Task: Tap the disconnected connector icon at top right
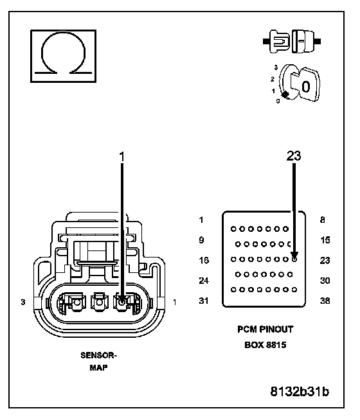pos(292,42)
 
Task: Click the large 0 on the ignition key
pos(306,87)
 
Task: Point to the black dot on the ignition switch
pos(285,94)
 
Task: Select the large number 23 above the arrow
pos(294,155)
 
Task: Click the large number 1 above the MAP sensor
pos(122,157)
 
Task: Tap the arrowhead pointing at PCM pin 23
pos(294,254)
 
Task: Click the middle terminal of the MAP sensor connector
pos(100,302)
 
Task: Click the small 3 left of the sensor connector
pos(23,302)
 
